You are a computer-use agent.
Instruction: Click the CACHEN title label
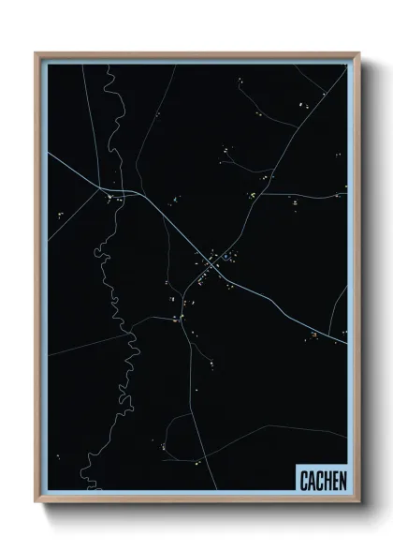(x=323, y=479)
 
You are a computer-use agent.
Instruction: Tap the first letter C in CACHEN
(x=303, y=479)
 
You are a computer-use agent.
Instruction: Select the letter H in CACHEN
(x=327, y=479)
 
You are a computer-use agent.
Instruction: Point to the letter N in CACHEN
(x=342, y=479)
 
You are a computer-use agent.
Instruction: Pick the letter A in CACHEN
(x=311, y=479)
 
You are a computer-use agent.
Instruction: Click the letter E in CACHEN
(x=335, y=479)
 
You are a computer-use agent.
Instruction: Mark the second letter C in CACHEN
(x=318, y=479)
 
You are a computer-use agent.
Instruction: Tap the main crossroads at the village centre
(x=210, y=266)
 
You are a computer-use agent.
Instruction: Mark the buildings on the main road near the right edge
(x=316, y=335)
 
